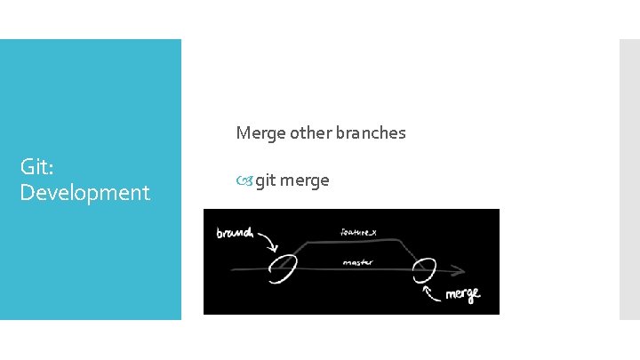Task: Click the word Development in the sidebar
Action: coord(84,192)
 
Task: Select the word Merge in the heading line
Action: coord(258,133)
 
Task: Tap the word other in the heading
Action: coord(307,133)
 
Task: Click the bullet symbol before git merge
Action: coord(244,181)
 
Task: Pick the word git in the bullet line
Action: coord(265,180)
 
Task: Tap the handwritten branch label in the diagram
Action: coord(235,234)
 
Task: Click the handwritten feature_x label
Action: coord(358,232)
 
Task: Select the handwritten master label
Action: coord(356,262)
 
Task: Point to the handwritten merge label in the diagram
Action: coord(462,294)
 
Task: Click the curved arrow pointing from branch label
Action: coord(268,242)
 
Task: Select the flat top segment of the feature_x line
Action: coord(356,242)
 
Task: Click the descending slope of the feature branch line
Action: coord(410,252)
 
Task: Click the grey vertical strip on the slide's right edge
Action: coord(629,179)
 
